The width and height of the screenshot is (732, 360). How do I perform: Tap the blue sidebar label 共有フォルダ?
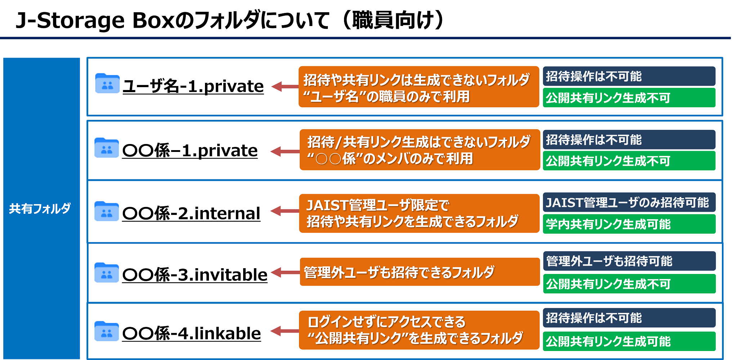[40, 208]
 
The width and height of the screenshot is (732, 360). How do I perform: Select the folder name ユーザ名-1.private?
[193, 86]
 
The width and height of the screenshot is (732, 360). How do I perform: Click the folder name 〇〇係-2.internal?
[191, 213]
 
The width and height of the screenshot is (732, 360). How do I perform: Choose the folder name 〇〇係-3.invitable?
[195, 275]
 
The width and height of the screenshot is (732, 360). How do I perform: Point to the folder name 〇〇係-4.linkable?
[192, 333]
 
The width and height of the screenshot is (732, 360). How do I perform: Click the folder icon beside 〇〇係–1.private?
[107, 148]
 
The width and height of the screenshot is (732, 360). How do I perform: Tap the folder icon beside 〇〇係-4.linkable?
[107, 331]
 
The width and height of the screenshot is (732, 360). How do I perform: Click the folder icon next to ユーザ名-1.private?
[107, 83]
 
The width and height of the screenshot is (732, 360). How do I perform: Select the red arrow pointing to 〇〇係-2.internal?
[285, 211]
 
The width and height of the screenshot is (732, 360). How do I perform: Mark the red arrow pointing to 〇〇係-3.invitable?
[285, 273]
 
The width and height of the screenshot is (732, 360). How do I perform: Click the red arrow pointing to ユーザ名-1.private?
[285, 86]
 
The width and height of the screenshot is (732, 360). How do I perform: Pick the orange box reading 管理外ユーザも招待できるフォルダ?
[420, 272]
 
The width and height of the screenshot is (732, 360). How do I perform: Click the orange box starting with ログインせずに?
[419, 330]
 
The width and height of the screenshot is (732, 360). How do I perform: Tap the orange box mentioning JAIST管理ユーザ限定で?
[419, 213]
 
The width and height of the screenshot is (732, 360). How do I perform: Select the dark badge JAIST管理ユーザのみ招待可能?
[629, 202]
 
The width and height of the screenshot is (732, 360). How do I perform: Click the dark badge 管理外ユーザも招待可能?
[629, 261]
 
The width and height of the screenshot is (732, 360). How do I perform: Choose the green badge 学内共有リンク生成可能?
[629, 224]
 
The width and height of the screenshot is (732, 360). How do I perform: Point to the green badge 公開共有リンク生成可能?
[629, 341]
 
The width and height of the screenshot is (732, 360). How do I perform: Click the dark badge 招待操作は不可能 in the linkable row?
[629, 318]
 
